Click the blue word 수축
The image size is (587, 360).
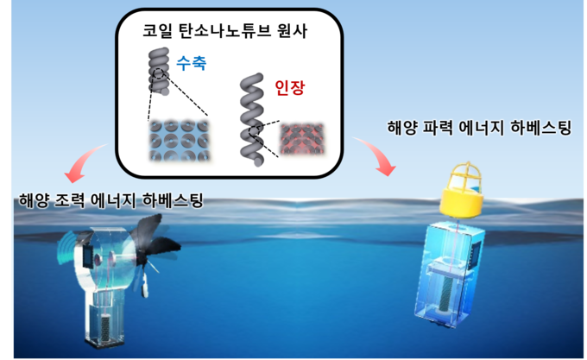(x=192, y=63)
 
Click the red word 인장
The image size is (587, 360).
(x=290, y=87)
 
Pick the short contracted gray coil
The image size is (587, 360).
(x=159, y=71)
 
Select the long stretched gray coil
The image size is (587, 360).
(x=251, y=120)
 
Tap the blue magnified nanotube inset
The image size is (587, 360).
(x=179, y=141)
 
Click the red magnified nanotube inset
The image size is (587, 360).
(x=302, y=139)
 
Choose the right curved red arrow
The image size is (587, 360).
(x=376, y=155)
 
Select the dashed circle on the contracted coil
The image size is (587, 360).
(x=159, y=73)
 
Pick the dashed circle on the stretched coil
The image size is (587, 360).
(x=254, y=132)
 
